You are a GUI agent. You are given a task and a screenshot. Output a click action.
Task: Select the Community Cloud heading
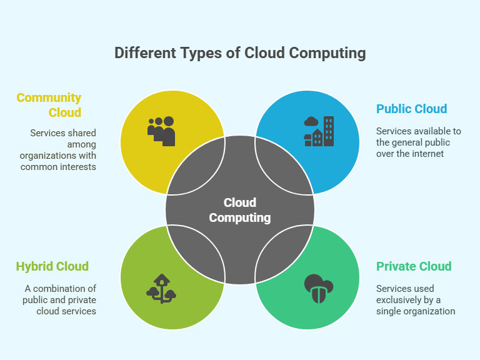point(49,105)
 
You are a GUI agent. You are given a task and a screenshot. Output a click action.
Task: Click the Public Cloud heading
point(412,109)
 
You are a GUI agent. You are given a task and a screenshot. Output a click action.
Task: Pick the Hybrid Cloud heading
point(52,266)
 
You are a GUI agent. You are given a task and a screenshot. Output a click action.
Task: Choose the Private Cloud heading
point(414,266)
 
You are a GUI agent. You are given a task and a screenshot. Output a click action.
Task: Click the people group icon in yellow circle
point(161,131)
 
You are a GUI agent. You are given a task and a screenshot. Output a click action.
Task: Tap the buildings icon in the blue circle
point(319,131)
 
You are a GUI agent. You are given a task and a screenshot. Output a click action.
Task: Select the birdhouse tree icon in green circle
point(161,289)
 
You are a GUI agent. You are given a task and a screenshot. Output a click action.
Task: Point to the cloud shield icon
point(319,289)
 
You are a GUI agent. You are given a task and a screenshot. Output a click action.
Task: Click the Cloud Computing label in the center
point(240,210)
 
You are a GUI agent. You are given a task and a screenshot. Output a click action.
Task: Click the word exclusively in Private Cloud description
point(399,300)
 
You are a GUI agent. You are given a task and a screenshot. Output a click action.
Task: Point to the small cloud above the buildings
point(311,121)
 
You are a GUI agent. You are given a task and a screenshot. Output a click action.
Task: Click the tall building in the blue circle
point(329,131)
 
